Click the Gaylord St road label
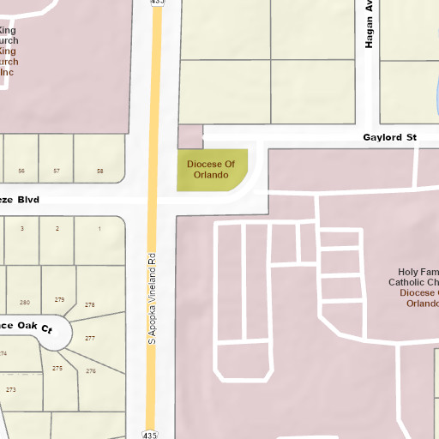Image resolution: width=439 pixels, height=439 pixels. coord(388,137)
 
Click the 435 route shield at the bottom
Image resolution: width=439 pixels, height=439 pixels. coord(151,435)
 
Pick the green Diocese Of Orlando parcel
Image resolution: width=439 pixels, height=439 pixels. coord(211,169)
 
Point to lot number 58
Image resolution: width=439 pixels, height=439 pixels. coord(99,171)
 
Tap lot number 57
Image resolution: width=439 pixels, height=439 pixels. coord(57,171)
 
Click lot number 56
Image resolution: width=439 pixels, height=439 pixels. coord(21,171)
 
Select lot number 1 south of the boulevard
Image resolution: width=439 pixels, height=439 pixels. coord(99,229)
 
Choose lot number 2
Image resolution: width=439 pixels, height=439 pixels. coord(57,229)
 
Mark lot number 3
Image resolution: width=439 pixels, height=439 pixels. coord(22,229)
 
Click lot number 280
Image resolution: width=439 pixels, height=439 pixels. coord(24,302)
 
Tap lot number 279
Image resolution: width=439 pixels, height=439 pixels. coord(59,299)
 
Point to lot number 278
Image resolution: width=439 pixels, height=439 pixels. coord(90,305)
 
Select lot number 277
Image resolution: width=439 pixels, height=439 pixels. coord(90,338)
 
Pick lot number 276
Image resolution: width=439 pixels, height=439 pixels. coord(91,371)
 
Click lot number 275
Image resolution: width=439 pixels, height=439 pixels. coord(57,368)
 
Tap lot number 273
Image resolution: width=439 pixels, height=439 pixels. coord(11,389)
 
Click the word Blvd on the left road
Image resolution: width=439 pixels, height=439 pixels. coord(27,199)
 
